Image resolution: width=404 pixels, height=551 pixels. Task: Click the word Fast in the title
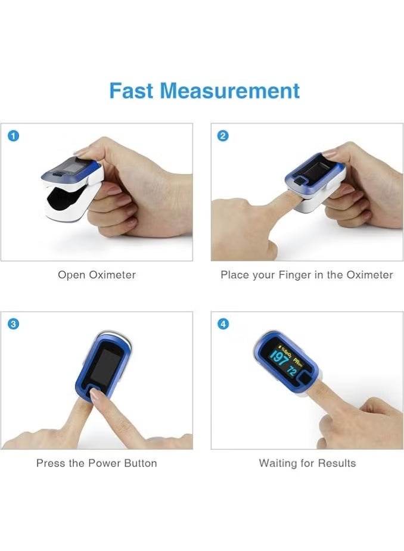pos(131,91)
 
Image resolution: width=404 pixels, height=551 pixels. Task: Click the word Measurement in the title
pos(229,91)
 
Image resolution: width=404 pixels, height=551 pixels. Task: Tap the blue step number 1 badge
pos(13,135)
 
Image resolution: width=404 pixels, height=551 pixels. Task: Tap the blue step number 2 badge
pos(223,135)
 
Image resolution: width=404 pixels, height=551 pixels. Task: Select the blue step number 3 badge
pos(13,324)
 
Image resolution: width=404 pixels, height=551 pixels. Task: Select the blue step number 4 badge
pos(223,324)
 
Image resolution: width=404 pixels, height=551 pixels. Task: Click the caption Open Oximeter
pos(97,275)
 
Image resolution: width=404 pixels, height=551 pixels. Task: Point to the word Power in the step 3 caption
pos(104,463)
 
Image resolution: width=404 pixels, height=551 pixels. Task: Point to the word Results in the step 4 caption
pos(336,463)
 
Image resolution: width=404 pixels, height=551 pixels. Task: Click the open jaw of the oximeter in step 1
pos(62,199)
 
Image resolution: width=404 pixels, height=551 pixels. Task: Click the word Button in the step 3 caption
pos(140,463)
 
